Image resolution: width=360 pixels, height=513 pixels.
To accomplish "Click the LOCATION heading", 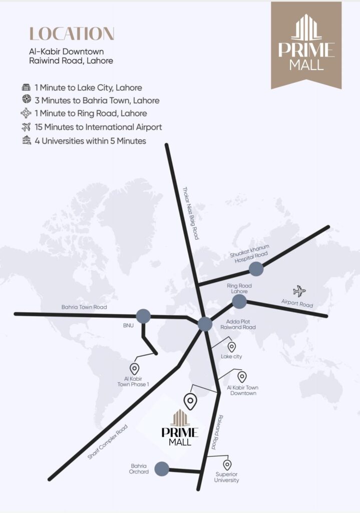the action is (72, 34).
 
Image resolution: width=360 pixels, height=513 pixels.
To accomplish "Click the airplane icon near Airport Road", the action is (299, 291).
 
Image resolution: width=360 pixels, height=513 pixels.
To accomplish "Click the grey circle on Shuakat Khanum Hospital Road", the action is (256, 269).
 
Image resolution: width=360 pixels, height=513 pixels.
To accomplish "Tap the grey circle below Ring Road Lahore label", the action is (239, 301).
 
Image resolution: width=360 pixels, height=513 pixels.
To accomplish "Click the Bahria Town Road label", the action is (84, 307).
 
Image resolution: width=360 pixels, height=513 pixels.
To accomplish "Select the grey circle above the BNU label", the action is (143, 316).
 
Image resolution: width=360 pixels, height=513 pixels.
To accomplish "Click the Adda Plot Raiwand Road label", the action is (238, 324).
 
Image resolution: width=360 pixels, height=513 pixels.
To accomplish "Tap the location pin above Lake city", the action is (232, 347).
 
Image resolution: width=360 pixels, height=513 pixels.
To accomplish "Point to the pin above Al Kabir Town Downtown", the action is (242, 377).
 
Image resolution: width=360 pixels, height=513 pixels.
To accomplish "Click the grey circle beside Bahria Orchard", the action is (161, 469).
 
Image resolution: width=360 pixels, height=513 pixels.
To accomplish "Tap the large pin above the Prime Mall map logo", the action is (190, 401).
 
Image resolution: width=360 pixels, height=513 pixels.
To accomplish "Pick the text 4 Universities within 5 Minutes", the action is (90, 141).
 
